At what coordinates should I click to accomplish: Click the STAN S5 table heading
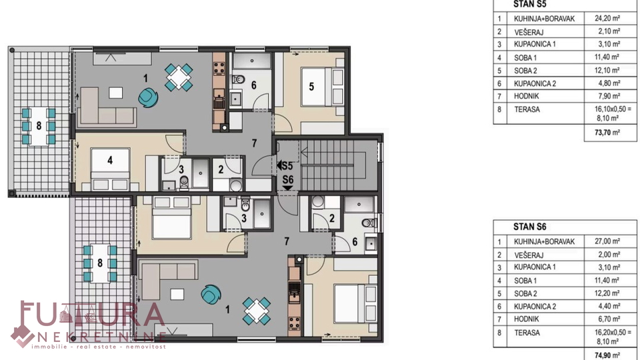point(529,4)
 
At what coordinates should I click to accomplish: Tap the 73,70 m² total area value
point(607,132)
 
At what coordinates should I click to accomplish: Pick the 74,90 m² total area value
point(607,355)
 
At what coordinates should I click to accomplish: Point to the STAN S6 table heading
point(529,227)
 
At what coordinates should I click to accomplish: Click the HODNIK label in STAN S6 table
point(527,319)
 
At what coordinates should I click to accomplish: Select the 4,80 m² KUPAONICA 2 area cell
point(610,83)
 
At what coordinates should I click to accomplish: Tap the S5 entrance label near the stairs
point(285,166)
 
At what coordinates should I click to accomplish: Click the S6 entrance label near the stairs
point(288,179)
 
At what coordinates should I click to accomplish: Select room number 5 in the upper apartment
point(311,87)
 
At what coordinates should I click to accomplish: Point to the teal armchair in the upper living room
point(148,97)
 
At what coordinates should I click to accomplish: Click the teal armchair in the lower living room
point(211,294)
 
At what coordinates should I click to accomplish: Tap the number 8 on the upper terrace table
point(39,125)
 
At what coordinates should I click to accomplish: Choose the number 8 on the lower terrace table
point(100,263)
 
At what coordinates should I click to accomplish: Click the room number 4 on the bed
point(110,161)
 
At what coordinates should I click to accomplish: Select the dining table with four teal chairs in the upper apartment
point(179,77)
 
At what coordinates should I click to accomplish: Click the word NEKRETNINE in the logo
point(101,337)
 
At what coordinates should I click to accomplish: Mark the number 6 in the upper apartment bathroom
point(254,85)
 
